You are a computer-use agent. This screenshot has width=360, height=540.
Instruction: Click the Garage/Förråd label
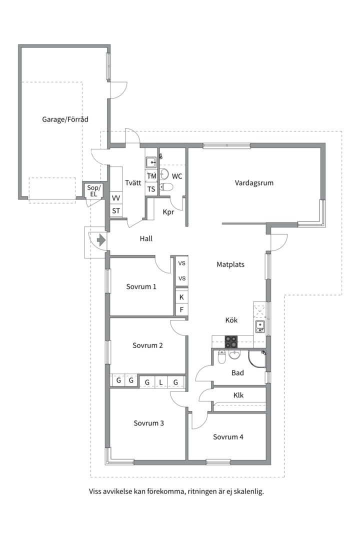(65, 119)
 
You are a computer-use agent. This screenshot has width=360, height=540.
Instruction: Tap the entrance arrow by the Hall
(101, 239)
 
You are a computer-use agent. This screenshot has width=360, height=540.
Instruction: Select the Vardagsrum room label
(254, 183)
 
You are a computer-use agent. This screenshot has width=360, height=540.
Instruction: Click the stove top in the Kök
(231, 341)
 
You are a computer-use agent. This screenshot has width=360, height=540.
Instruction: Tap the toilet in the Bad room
(221, 357)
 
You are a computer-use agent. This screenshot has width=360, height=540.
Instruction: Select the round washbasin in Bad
(235, 354)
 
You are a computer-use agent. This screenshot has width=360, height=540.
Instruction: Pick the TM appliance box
(151, 176)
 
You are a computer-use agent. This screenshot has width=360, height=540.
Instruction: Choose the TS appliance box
(151, 189)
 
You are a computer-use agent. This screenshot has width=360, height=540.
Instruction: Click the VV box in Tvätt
(116, 198)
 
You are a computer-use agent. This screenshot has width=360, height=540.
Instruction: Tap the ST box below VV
(116, 211)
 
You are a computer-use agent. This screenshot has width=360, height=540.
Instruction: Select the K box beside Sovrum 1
(181, 297)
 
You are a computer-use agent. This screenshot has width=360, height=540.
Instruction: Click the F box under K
(181, 309)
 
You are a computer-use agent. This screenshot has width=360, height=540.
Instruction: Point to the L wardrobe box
(161, 382)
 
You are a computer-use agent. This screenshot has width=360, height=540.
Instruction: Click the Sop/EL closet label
(93, 191)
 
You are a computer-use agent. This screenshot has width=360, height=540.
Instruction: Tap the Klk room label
(238, 395)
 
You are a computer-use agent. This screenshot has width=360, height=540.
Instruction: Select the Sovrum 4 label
(228, 437)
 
